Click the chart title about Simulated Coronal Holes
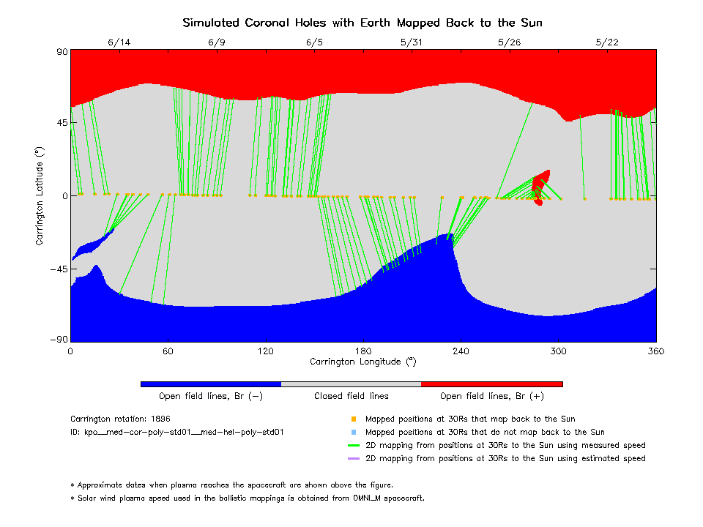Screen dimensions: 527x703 (366, 23)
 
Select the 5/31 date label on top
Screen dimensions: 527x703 (412, 42)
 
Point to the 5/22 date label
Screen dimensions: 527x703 (607, 42)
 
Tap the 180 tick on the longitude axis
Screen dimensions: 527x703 (363, 351)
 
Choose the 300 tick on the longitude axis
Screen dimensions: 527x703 (558, 351)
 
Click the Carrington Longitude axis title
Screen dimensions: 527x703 (363, 362)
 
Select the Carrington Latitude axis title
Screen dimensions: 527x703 (40, 195)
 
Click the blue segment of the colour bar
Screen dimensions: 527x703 (211, 384)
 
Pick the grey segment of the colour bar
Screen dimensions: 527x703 (351, 384)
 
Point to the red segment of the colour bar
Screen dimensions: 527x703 (492, 384)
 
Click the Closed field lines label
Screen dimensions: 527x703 (351, 396)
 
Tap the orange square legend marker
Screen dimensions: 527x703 (353, 419)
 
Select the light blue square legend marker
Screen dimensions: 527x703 (353, 433)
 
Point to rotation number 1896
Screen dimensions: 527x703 (160, 419)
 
